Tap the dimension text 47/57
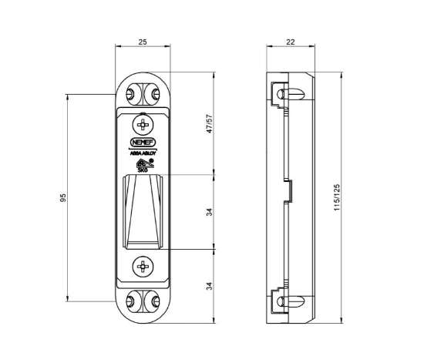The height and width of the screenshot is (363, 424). pos(208,124)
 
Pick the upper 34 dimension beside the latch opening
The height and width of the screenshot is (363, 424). pos(208,213)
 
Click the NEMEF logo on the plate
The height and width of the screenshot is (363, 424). pos(142,142)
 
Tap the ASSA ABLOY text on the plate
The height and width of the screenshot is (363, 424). pos(142,153)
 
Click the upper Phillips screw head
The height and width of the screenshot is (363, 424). pos(142,123)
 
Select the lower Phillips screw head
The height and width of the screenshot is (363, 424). pos(142,267)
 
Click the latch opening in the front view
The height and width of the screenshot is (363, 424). pos(142,212)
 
